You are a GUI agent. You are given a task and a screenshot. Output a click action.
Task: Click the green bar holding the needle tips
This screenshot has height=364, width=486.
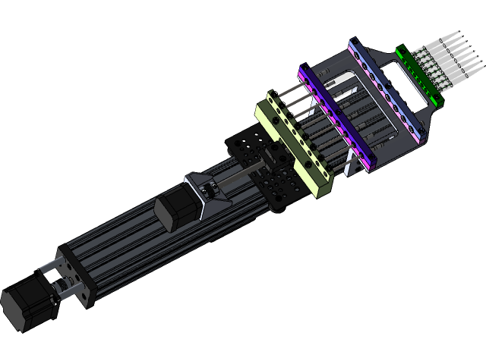click(x=416, y=75)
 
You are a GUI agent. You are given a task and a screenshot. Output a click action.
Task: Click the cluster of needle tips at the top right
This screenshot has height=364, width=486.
click(x=456, y=49)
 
